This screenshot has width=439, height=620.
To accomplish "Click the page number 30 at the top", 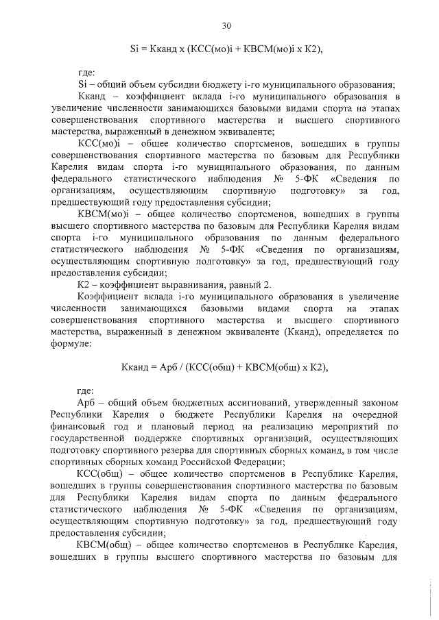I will coord(227,26).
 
